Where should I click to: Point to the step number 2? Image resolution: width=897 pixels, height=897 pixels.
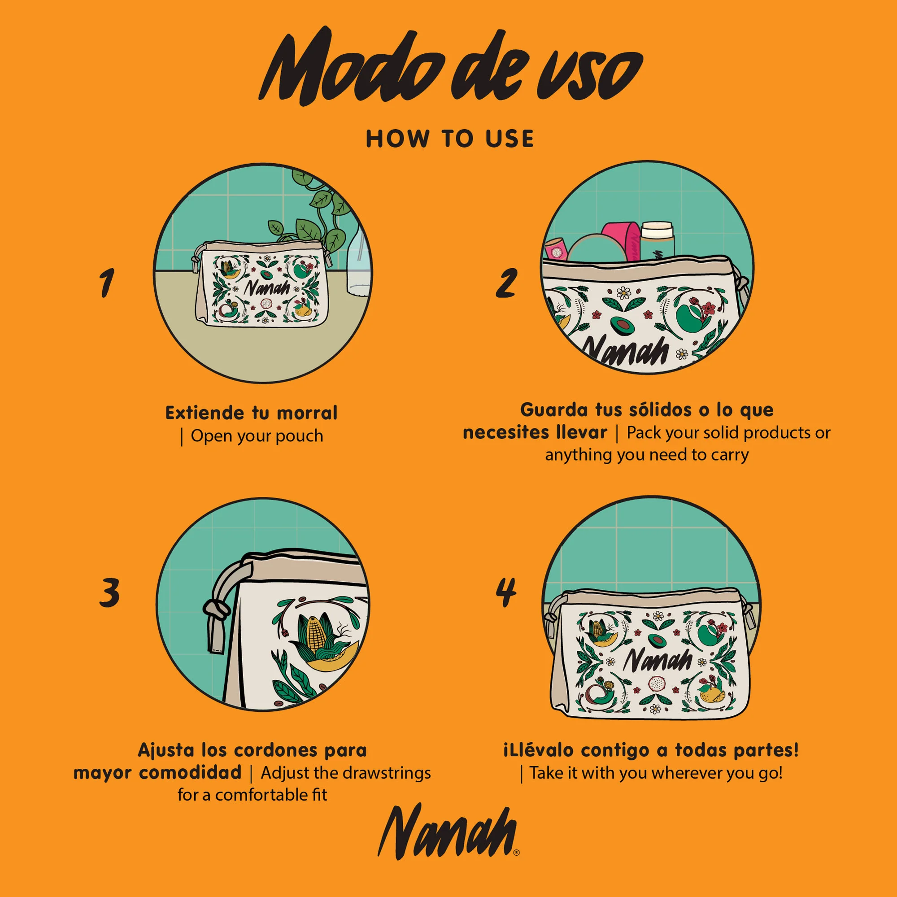[505, 283]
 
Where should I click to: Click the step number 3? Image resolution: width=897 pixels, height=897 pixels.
[109, 592]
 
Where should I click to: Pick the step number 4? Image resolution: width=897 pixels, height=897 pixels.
[505, 592]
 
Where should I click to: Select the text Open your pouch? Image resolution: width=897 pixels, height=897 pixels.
[257, 436]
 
